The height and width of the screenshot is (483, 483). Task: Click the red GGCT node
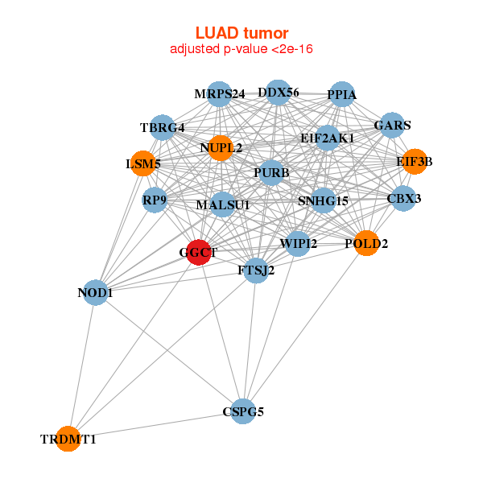(199, 252)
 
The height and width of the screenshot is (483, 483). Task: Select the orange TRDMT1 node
(68, 439)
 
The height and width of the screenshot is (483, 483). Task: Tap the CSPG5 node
(243, 411)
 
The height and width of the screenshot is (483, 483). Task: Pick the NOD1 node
(95, 293)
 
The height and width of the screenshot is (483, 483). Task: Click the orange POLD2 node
(366, 243)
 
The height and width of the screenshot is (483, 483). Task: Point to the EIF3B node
(415, 162)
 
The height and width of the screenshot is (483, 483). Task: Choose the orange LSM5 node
(142, 164)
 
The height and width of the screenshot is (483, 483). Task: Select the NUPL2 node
(221, 148)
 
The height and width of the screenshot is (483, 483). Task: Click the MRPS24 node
(220, 94)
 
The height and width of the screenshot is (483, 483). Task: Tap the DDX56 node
(278, 93)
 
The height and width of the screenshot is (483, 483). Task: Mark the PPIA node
(342, 94)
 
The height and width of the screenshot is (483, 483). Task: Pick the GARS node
(392, 126)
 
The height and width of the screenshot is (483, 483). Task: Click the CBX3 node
(403, 198)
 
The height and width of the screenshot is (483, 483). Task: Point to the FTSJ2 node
(256, 270)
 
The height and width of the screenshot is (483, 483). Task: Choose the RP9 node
(155, 199)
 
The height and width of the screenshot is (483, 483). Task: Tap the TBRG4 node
(163, 127)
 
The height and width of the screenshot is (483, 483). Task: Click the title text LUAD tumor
(242, 33)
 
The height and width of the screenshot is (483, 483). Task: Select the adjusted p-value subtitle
(242, 49)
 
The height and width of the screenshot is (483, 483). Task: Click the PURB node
(271, 172)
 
